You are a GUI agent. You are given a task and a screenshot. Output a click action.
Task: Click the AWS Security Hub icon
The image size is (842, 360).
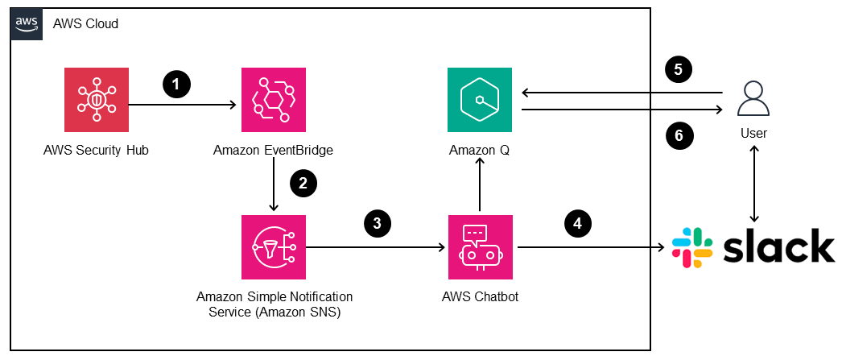point(96,101)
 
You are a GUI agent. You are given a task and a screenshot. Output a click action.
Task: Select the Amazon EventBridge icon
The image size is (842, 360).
point(274,101)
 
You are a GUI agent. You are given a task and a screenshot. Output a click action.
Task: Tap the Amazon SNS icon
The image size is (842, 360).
point(274,246)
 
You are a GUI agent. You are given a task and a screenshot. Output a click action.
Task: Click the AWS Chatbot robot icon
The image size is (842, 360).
point(479,246)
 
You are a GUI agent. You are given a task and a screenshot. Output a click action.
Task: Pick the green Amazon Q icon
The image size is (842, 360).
point(479,101)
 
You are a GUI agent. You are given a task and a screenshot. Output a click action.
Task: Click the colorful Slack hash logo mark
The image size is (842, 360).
point(691,247)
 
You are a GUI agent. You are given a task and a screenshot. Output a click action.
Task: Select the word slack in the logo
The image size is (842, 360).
point(778,246)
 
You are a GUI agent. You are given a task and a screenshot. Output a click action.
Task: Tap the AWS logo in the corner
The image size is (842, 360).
point(27,23)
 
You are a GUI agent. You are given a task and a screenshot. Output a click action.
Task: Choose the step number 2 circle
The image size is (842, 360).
point(303,183)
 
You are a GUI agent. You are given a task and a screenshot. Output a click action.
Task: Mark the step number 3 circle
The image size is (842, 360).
point(378,223)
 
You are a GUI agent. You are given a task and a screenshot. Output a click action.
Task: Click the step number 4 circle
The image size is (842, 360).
point(577,223)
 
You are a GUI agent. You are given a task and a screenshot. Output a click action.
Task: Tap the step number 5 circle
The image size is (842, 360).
point(679,70)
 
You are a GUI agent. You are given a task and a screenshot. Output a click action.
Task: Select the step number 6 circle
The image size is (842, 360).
point(679,136)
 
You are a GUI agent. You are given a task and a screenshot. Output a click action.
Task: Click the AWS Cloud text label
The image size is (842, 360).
point(85,24)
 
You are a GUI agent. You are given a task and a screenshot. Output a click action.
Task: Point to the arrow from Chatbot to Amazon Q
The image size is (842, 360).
point(479,184)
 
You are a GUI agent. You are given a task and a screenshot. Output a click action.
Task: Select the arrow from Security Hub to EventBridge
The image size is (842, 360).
point(181,105)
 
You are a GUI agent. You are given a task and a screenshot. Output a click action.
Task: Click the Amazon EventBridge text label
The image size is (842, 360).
point(274,151)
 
